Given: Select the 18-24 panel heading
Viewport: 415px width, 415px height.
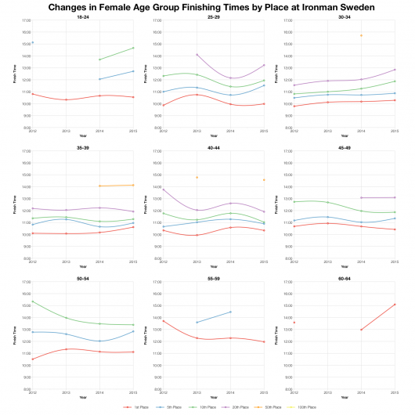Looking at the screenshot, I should (82, 16).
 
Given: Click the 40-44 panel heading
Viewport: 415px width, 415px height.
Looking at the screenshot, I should (213, 146).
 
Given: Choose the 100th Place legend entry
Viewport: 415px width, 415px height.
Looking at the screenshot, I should (305, 407).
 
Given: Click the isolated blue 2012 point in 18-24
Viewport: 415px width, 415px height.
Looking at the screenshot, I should (32, 42).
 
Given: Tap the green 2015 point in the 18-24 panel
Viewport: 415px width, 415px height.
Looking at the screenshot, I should (133, 48).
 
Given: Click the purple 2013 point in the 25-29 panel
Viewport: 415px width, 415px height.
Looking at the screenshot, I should (197, 55).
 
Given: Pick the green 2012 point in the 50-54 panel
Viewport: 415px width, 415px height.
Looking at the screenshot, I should (32, 301).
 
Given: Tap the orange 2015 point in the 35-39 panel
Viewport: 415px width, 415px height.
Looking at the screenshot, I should (133, 185).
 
